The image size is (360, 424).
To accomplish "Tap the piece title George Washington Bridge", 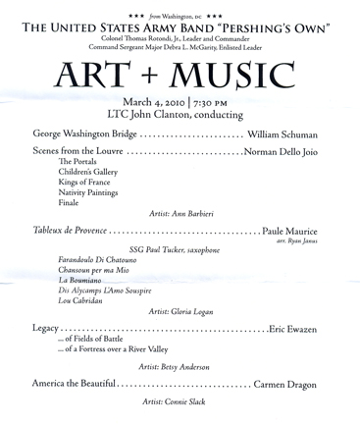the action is pos(84,133).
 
